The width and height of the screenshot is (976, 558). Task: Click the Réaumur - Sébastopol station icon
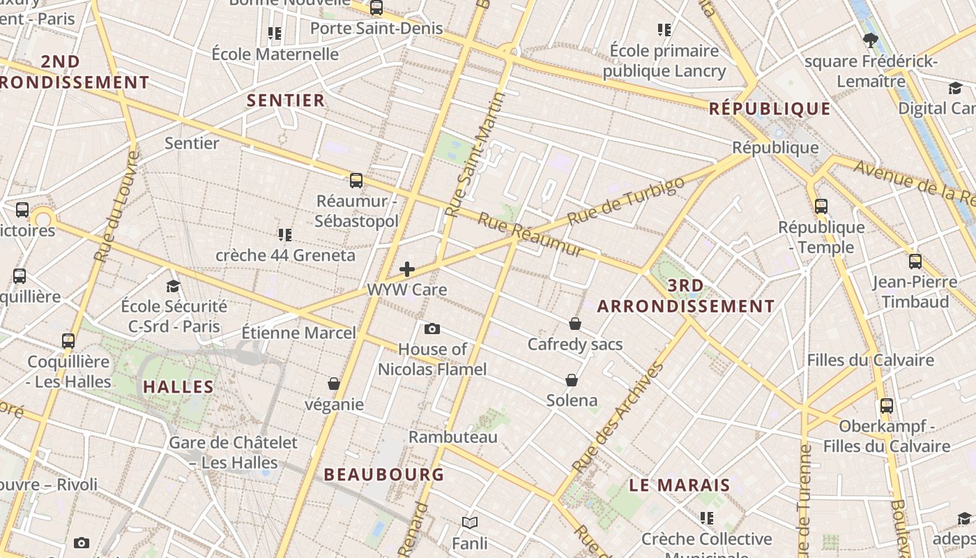click(x=356, y=181)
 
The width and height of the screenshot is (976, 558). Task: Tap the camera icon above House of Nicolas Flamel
click(x=432, y=329)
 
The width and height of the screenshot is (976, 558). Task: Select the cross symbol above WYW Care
click(x=407, y=269)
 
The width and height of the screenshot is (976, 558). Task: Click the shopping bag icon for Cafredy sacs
click(x=575, y=324)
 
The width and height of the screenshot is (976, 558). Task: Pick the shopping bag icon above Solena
click(x=572, y=380)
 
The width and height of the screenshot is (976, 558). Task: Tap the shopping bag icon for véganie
click(x=334, y=384)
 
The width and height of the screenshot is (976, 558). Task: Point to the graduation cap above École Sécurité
click(x=174, y=286)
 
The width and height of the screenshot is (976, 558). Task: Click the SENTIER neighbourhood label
click(x=286, y=100)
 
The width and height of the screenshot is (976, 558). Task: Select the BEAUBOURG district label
click(x=383, y=474)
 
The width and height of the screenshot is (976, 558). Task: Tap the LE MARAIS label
click(x=680, y=485)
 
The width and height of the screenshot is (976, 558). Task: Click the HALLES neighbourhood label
click(x=178, y=386)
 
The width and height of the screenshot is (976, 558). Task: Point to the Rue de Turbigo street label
click(x=626, y=202)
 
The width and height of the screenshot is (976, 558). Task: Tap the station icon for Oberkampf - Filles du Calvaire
click(x=887, y=405)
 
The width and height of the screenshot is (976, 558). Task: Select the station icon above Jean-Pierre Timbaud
click(x=915, y=262)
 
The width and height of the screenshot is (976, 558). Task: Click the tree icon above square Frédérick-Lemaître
click(x=870, y=40)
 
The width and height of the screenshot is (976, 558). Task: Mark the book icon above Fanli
click(x=470, y=522)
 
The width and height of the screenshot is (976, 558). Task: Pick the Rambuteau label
click(x=453, y=437)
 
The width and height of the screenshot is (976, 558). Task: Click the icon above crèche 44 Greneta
click(x=284, y=234)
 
